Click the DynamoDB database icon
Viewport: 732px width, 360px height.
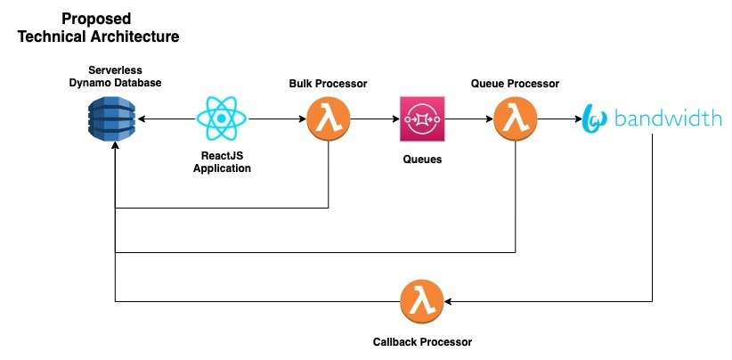115,119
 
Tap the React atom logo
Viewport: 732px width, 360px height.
222,119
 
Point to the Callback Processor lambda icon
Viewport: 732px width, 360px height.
422,301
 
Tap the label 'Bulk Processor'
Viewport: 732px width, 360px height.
329,84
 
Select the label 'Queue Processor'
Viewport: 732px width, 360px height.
515,84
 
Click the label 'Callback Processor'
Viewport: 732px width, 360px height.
422,341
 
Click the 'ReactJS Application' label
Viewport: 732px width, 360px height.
222,161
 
